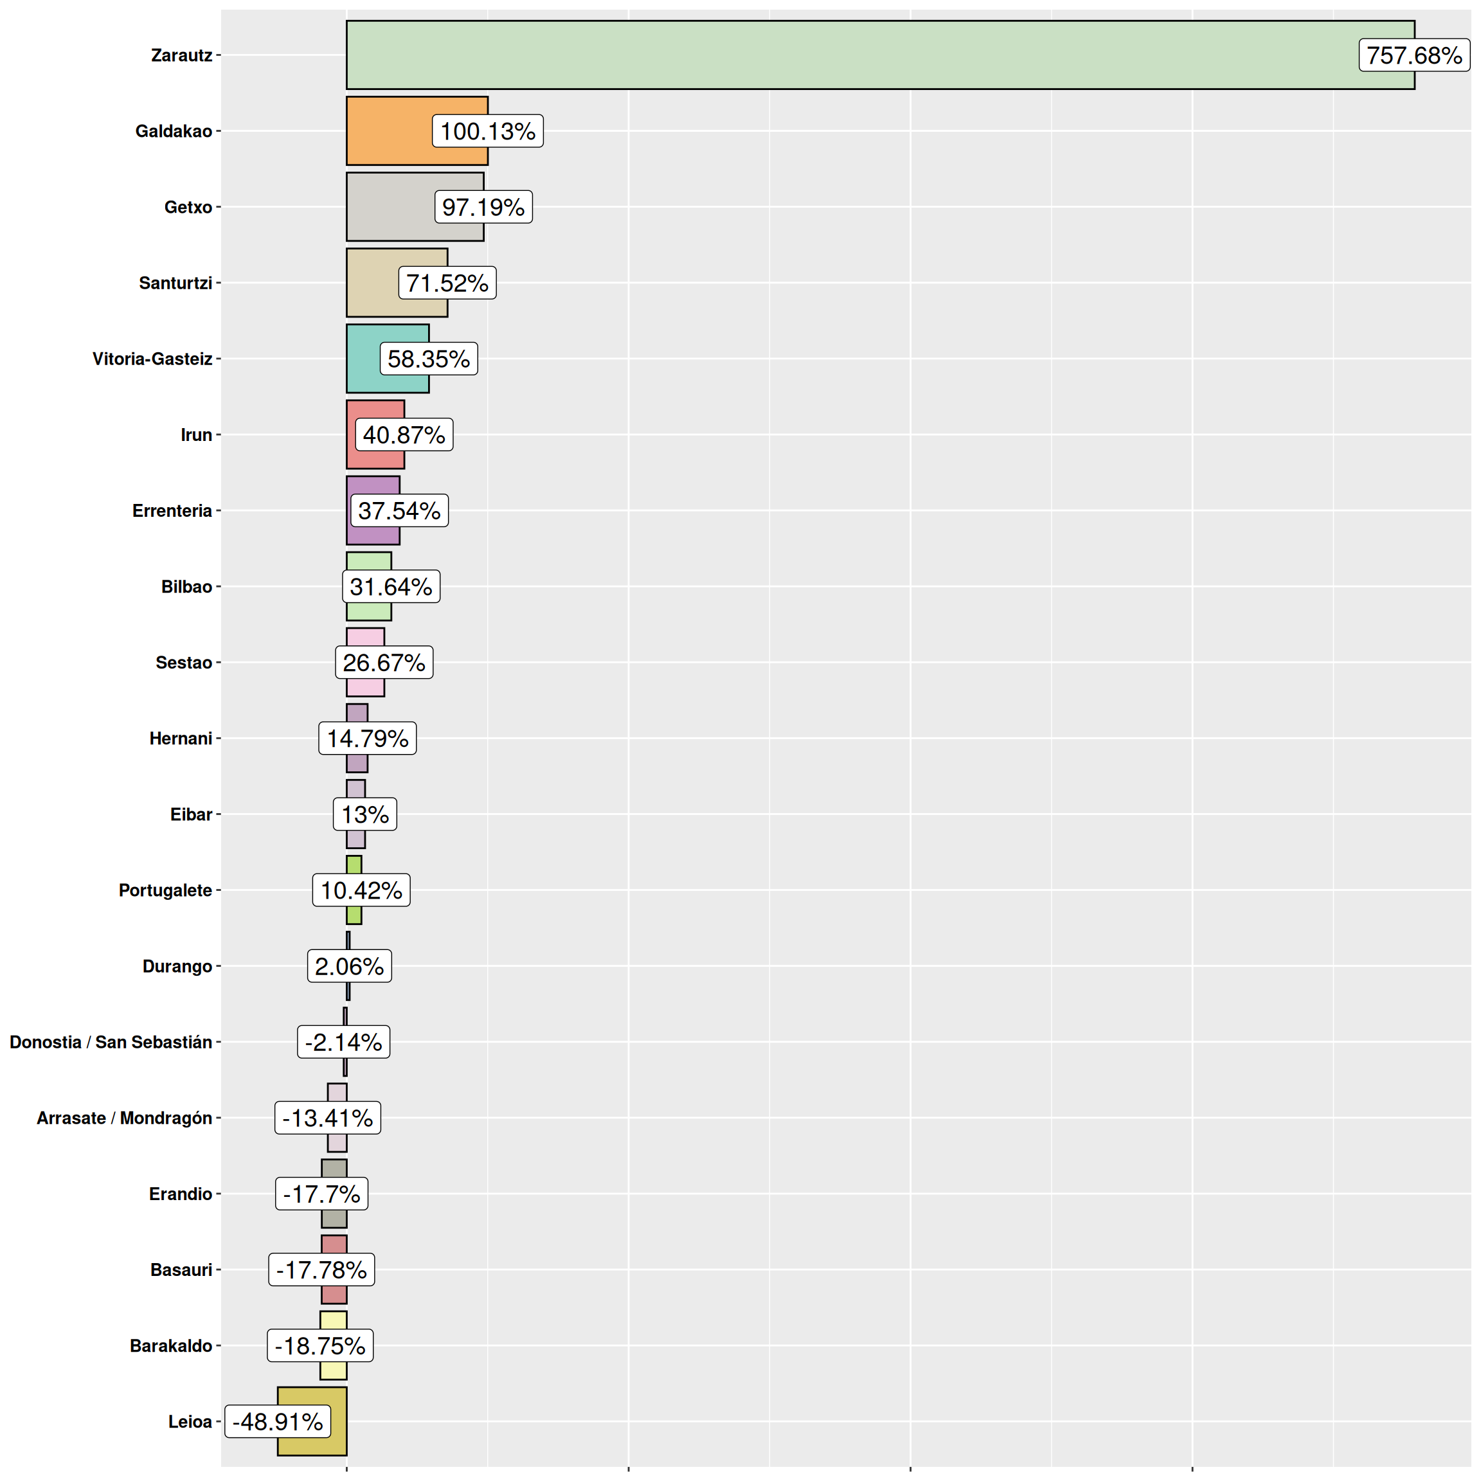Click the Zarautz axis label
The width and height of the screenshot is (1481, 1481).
click(182, 55)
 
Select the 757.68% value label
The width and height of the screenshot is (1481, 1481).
click(1414, 55)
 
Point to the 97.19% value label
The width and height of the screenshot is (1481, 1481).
click(483, 207)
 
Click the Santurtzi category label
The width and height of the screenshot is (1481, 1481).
click(175, 283)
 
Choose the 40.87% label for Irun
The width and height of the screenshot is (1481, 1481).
click(404, 435)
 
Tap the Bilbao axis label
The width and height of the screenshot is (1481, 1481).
click(186, 586)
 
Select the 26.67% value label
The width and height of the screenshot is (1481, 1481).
click(384, 662)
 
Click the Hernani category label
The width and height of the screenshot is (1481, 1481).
click(181, 738)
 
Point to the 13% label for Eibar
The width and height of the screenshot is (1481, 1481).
click(365, 814)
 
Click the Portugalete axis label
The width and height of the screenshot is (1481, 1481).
click(166, 890)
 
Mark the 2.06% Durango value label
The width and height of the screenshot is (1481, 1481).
click(350, 966)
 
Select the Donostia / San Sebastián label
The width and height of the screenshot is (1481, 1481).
click(111, 1042)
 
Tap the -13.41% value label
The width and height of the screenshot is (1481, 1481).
click(327, 1118)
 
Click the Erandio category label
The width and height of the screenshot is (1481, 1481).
click(181, 1194)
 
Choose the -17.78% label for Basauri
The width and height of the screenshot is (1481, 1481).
click(321, 1270)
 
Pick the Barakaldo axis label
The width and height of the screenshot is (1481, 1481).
click(171, 1345)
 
